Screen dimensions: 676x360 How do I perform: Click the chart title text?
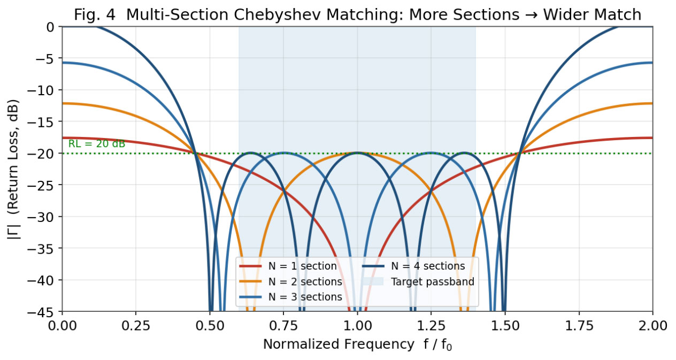(x=358, y=14)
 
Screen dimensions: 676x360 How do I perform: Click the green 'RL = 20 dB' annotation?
(x=97, y=144)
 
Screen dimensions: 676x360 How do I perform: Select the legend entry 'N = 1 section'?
(x=288, y=266)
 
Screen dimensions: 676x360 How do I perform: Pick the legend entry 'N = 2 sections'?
(x=290, y=281)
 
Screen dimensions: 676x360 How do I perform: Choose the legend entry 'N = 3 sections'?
(x=290, y=297)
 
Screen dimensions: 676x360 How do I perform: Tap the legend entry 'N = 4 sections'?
(x=414, y=266)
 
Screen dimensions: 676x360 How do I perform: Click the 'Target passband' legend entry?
(x=418, y=281)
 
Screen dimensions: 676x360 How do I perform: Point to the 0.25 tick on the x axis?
(x=136, y=326)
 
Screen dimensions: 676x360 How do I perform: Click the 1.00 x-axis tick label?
(x=357, y=326)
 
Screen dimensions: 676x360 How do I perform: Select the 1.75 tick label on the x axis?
(x=579, y=326)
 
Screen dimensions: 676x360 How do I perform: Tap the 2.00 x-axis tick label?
(x=653, y=326)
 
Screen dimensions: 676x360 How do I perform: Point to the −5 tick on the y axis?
(x=45, y=58)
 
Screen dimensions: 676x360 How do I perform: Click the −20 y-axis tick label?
(x=41, y=154)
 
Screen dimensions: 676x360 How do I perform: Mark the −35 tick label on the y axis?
(x=41, y=248)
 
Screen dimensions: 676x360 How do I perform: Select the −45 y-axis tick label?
(x=41, y=311)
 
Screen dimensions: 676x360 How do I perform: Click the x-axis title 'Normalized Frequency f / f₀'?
(x=358, y=344)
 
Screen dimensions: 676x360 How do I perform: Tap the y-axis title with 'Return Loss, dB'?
(x=13, y=169)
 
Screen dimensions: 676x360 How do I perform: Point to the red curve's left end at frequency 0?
(x=63, y=137)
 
